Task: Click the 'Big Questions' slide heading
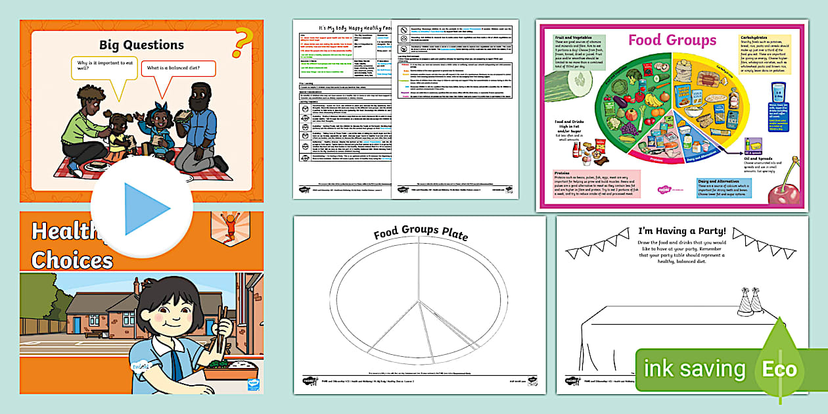point(141,45)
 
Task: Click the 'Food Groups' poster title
point(672,40)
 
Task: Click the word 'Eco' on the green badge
point(779,369)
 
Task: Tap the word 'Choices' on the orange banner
point(72,260)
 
